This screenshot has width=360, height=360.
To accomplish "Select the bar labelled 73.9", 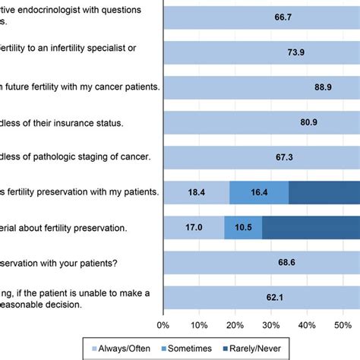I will tap(258, 52).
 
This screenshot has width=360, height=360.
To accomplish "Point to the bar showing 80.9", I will tap(258, 122).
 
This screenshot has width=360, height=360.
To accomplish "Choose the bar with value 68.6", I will tap(258, 264).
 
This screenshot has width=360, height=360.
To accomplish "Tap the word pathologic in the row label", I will tap(76, 157).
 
